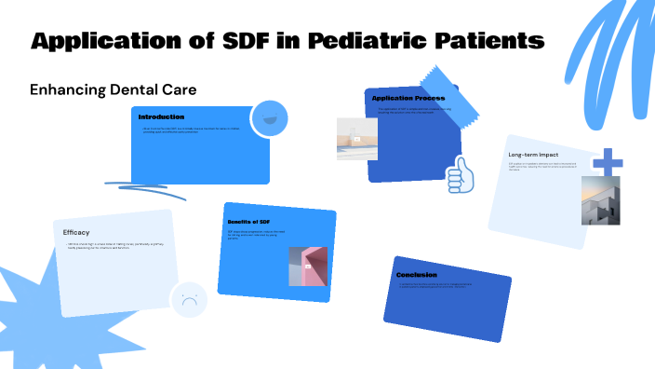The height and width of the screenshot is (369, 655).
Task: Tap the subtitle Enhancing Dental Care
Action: [113, 89]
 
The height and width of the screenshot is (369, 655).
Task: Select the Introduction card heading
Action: [162, 117]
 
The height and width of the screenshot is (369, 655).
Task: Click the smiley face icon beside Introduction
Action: [268, 118]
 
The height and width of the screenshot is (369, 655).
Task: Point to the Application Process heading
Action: [408, 98]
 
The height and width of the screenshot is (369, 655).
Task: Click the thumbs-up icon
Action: [460, 174]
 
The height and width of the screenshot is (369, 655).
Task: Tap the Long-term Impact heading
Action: [534, 154]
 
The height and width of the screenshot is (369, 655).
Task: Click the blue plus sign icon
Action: [608, 162]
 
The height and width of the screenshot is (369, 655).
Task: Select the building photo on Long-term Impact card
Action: [600, 200]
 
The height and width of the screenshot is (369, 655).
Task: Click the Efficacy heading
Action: [76, 232]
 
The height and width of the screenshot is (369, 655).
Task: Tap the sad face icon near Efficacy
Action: [188, 300]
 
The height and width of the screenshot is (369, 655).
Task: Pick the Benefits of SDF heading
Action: [248, 222]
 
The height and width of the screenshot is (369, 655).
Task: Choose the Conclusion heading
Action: [416, 275]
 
